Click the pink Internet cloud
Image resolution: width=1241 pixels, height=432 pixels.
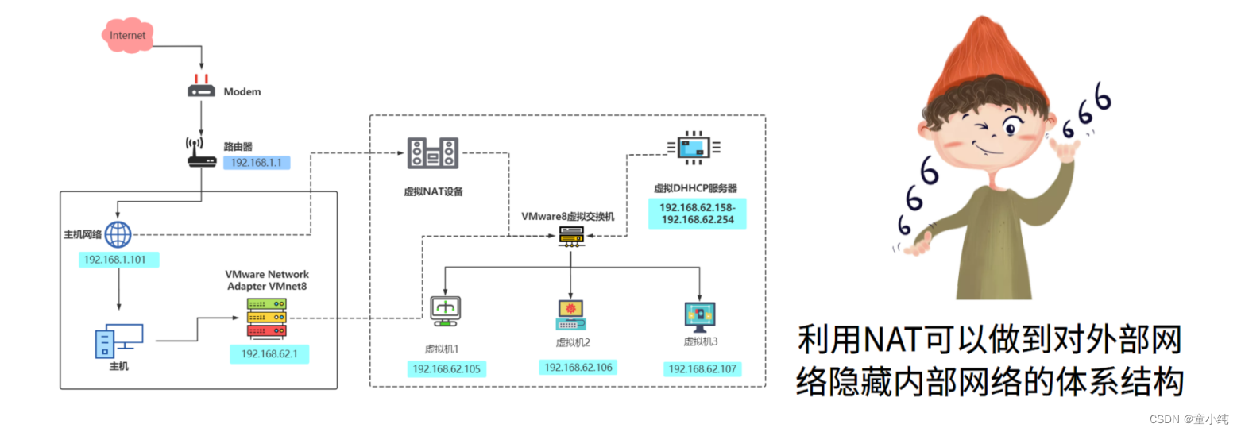127,35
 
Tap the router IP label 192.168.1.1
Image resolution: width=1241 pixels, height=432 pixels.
256,162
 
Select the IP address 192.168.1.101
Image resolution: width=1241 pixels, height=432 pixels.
121,260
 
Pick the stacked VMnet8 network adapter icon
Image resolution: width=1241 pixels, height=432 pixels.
266,318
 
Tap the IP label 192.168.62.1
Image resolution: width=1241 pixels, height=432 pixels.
269,354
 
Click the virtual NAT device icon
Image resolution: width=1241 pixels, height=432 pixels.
433,152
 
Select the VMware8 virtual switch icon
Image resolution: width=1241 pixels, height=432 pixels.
571,235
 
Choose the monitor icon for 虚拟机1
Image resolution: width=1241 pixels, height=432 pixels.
444,311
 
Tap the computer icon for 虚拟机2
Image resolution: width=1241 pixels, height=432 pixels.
571,314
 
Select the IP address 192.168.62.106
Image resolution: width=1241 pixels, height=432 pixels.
578,368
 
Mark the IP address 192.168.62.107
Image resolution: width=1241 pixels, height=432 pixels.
702,369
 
